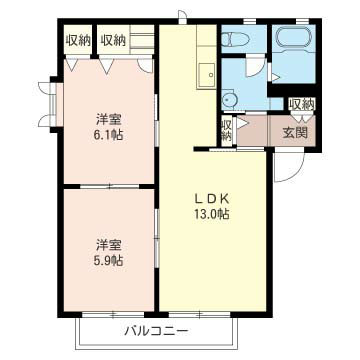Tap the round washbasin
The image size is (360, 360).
230,98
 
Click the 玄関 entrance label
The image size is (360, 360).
295,131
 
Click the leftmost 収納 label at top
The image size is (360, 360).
78,39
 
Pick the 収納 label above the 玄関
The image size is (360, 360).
301,103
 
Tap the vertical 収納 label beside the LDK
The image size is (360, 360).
226,130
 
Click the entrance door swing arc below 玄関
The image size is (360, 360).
285,166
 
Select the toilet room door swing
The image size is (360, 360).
255,70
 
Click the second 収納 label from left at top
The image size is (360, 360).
113,39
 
